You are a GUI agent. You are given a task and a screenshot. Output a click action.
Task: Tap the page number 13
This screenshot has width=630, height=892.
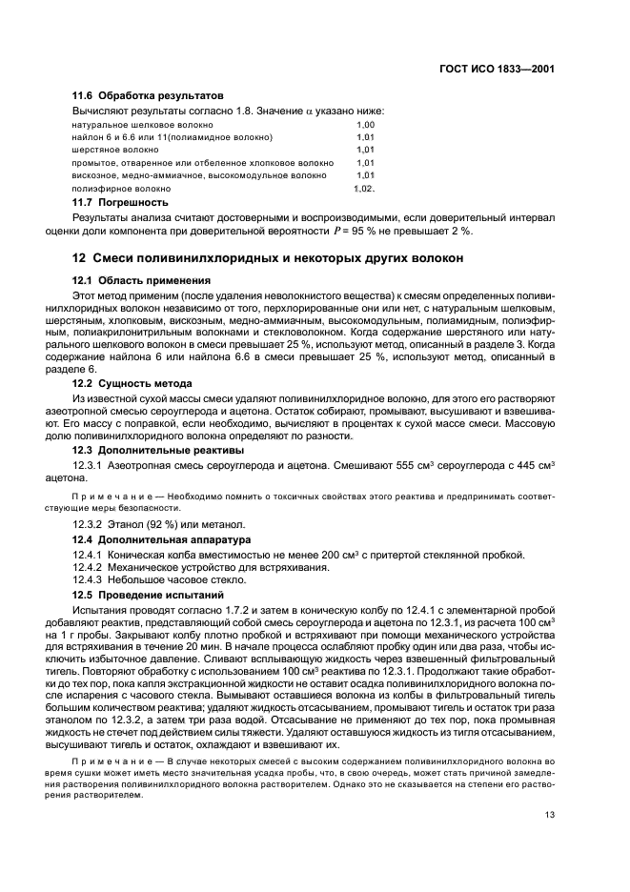point(550,814)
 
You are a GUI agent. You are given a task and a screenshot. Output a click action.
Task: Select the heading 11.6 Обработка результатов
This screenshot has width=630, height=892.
point(148,96)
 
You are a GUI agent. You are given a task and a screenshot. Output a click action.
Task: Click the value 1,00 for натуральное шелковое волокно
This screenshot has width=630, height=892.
point(365,125)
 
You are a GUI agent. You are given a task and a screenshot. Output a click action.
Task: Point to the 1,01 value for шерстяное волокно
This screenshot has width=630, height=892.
point(365,151)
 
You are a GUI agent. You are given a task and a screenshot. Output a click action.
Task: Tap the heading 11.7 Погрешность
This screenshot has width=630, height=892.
point(121,202)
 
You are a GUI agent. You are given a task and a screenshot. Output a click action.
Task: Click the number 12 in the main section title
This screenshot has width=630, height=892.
point(81,258)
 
